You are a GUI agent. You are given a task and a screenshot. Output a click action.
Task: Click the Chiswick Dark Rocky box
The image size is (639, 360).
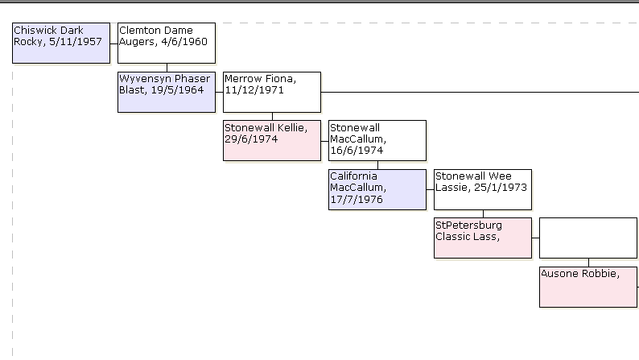point(61,43)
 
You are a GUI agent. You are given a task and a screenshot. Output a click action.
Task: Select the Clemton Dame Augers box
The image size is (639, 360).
point(167,43)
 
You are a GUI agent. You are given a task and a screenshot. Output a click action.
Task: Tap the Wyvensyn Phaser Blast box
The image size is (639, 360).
point(167,92)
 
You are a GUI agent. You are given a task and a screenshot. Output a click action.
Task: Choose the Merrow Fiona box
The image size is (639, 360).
point(272,92)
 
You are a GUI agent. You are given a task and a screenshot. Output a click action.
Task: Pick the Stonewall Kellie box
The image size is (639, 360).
point(272,140)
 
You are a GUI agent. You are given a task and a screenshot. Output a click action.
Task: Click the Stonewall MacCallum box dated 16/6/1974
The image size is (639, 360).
point(377,140)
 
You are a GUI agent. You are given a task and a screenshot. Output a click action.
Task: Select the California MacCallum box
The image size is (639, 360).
point(377,189)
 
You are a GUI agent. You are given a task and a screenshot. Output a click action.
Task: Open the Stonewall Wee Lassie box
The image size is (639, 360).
point(483,189)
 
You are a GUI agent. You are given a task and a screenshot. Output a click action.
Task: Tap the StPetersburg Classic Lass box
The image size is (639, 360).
point(483,238)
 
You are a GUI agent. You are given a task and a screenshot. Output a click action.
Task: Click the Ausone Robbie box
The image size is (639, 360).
point(587,287)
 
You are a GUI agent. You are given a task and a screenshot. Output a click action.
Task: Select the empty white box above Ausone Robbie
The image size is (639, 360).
point(587,238)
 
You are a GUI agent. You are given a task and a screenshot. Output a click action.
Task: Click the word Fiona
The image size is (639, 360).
point(281,79)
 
